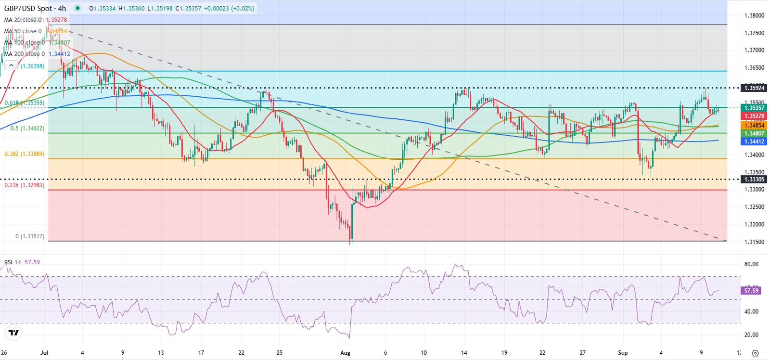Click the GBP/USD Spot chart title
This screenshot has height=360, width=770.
[x=35, y=8]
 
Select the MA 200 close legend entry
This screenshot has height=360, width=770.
[x=24, y=54]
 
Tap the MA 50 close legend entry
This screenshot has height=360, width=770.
[x=23, y=31]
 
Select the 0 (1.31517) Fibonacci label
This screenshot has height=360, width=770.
[x=30, y=236]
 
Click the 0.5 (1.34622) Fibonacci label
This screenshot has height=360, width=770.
[x=27, y=129]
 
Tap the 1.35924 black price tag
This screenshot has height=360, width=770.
[x=754, y=88]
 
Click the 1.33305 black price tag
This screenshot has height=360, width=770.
[x=754, y=180]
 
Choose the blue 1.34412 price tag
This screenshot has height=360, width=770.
[x=754, y=141]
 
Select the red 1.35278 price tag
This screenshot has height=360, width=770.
[x=754, y=116]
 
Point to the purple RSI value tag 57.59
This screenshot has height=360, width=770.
[x=751, y=290]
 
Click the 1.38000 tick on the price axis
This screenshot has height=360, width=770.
[x=754, y=15]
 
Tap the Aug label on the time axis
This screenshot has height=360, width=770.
[x=345, y=353]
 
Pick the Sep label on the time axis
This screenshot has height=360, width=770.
[x=623, y=353]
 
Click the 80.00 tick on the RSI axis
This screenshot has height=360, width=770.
[x=751, y=264]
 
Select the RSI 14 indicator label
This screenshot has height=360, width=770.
[x=13, y=262]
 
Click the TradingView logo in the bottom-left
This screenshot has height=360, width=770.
[x=13, y=333]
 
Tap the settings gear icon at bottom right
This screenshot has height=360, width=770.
[x=755, y=353]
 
